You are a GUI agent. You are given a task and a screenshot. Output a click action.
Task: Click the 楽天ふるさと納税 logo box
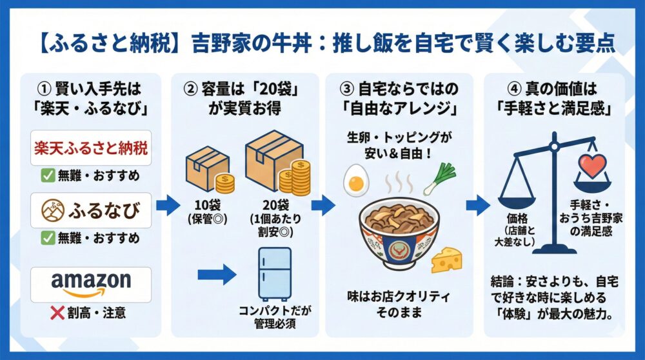[x=90, y=148]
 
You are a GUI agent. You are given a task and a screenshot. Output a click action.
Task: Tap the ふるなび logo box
[x=90, y=210]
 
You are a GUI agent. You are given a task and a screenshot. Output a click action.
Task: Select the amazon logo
[x=90, y=282]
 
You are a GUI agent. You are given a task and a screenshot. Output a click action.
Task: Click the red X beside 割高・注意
[x=57, y=313]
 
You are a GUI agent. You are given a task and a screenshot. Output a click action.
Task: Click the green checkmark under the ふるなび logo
[x=48, y=238]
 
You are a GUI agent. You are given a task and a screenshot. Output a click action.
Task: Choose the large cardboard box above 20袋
[x=273, y=158]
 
